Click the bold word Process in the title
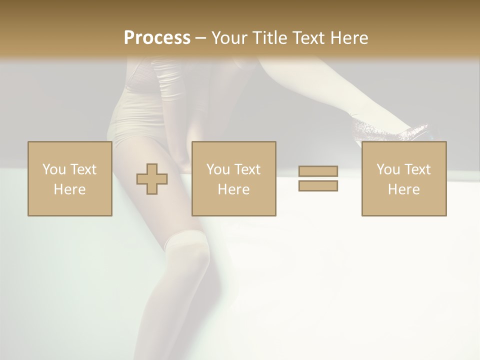click(x=157, y=38)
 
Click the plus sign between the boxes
click(x=152, y=179)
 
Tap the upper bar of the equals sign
click(x=318, y=171)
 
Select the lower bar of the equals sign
click(x=318, y=185)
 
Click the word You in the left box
click(x=54, y=169)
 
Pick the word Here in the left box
click(x=69, y=189)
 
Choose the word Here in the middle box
click(x=233, y=189)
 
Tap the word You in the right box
click(x=388, y=169)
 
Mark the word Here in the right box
click(x=403, y=189)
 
